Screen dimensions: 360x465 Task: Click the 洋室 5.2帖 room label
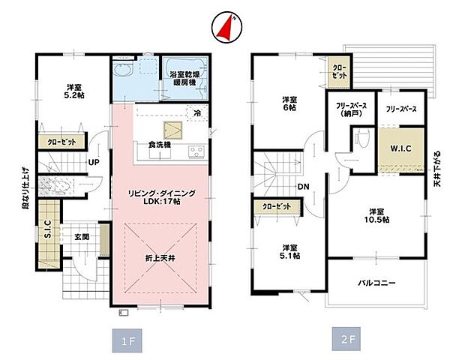tap(72, 90)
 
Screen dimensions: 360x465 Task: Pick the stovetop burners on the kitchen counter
tap(196, 152)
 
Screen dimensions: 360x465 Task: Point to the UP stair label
tap(95, 162)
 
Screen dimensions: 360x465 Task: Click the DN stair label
tap(304, 187)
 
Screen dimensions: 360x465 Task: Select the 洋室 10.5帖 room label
tap(378, 216)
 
